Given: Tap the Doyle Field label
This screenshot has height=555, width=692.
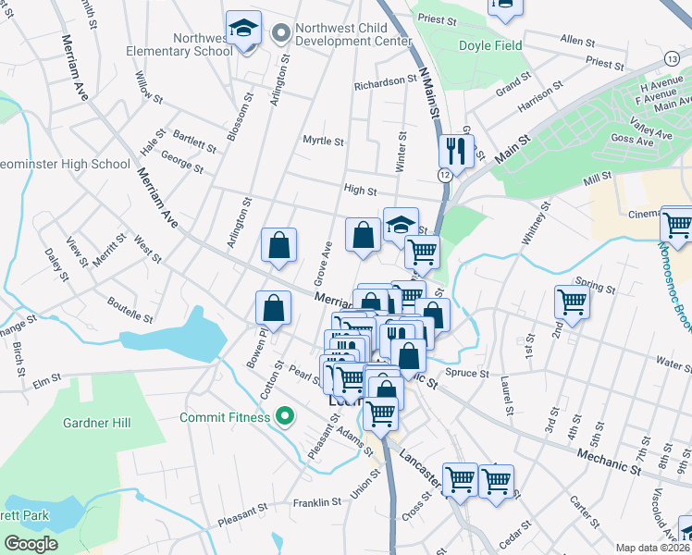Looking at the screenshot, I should [489, 45].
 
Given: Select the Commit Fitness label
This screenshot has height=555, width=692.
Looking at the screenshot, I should [227, 417].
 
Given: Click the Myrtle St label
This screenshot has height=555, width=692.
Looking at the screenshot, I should [324, 142].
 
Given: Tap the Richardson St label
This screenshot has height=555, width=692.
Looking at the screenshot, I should [385, 82].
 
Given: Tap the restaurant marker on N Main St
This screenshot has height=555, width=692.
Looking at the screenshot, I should [456, 150].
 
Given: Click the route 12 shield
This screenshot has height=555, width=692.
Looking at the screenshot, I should [446, 174].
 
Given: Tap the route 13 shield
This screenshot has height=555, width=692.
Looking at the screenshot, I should [671, 58].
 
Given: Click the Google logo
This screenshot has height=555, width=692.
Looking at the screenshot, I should [31, 544].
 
